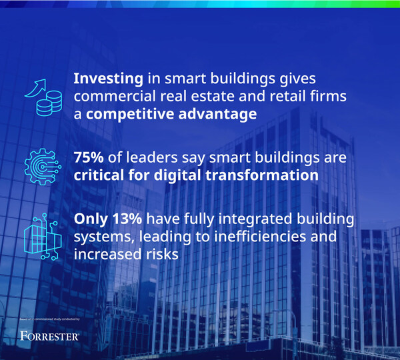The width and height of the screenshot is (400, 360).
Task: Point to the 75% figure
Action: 91,159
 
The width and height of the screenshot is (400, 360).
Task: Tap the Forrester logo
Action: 50,336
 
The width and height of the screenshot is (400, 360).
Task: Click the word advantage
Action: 215,114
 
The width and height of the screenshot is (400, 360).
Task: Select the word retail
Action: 291,97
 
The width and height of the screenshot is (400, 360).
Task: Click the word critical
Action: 101,177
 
